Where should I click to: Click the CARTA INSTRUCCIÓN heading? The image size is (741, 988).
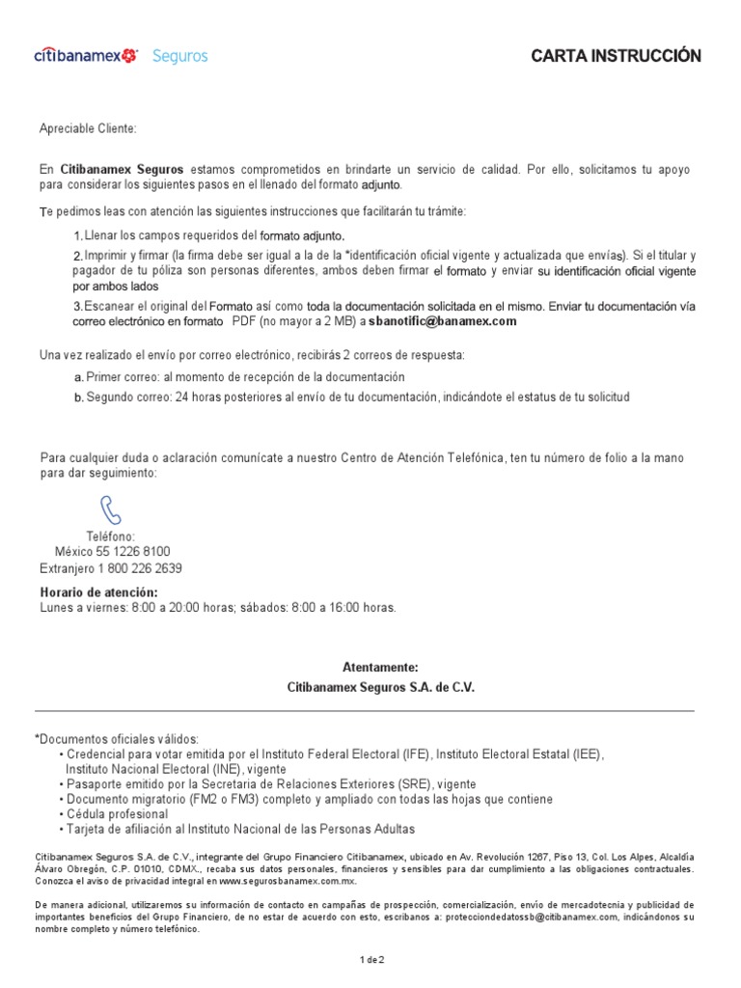[x=616, y=56]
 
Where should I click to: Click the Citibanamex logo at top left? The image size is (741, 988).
[x=85, y=56]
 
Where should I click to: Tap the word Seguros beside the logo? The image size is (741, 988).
[x=179, y=56]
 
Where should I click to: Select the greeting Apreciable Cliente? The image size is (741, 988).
[x=88, y=128]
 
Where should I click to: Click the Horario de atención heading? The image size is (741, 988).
[x=98, y=591]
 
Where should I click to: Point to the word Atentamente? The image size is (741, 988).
[x=381, y=668]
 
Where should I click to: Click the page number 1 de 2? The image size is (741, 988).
[x=371, y=960]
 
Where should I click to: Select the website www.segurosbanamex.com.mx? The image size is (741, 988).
[x=288, y=881]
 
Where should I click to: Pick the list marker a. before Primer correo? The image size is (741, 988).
[x=79, y=377]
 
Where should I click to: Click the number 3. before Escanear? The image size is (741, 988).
[x=79, y=307]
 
